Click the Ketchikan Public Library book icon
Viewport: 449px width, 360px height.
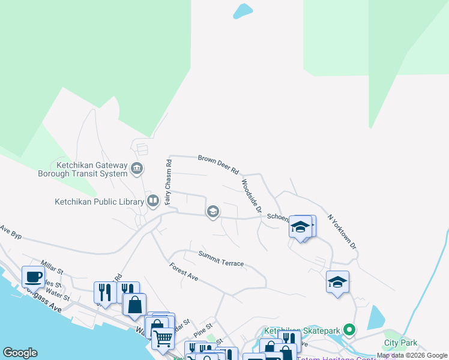click(153, 201)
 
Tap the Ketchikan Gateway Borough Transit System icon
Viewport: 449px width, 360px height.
click(137, 167)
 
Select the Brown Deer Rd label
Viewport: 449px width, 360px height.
click(218, 163)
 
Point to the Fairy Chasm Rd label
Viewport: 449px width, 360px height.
click(169, 181)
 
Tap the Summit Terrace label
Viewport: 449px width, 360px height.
click(221, 259)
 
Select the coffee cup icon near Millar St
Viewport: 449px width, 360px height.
click(32, 277)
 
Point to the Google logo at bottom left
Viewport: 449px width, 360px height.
click(20, 353)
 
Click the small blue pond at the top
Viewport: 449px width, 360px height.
click(243, 11)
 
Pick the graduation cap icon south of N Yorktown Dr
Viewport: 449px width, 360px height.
click(337, 281)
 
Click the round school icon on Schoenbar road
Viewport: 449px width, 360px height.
click(212, 211)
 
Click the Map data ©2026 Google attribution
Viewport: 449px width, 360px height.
click(412, 355)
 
